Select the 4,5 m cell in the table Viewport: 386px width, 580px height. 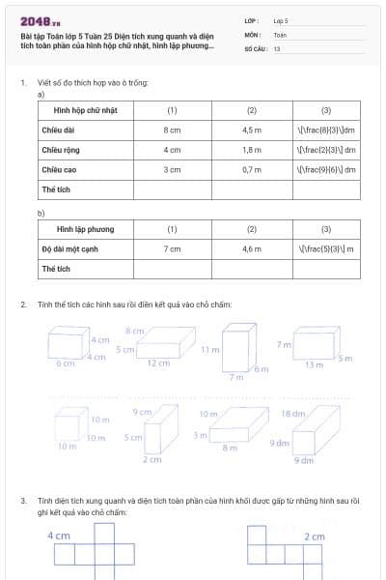252,129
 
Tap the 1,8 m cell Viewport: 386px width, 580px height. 252,150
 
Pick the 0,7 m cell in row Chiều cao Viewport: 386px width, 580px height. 252,169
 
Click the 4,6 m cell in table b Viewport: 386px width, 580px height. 252,248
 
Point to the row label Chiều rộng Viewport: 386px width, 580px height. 60,150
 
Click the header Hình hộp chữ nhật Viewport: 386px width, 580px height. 85,110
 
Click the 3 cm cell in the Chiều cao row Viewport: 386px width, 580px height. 172,169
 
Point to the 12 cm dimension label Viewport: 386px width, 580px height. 158,362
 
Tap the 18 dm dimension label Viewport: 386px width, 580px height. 292,414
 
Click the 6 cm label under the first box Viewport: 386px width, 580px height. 65,362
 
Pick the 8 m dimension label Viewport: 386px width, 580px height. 230,448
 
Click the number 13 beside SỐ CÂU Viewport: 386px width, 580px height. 277,47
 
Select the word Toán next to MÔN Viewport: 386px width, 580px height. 280,34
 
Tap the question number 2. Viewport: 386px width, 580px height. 22,304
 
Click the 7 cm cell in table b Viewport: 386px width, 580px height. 172,248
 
